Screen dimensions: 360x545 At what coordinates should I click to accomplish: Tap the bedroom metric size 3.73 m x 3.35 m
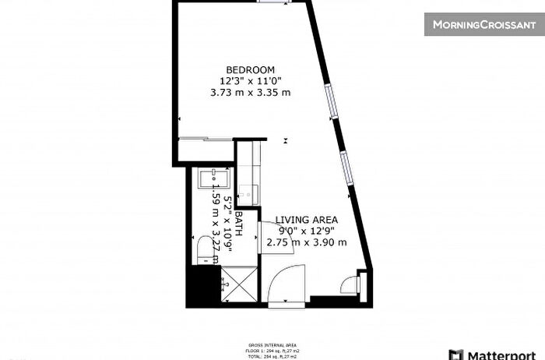click(250, 91)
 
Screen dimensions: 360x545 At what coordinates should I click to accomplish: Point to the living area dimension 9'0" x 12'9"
click(306, 231)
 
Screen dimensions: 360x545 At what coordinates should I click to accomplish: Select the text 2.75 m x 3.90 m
click(306, 242)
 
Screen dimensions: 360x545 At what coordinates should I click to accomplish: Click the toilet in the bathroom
click(206, 248)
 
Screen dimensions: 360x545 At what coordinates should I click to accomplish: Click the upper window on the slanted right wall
click(332, 102)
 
